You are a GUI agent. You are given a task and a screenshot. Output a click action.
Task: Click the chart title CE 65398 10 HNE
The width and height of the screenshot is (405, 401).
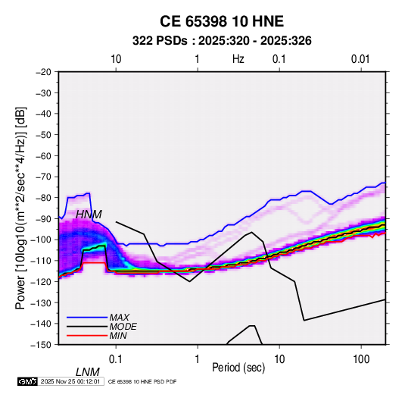222,21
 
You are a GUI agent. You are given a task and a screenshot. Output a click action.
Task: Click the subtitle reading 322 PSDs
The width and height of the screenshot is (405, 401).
160,41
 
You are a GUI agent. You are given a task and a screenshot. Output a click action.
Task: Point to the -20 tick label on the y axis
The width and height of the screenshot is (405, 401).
43,72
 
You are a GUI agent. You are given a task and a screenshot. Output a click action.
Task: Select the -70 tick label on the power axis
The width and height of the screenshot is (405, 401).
43,177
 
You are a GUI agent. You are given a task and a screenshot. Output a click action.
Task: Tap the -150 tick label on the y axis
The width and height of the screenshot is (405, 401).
41,345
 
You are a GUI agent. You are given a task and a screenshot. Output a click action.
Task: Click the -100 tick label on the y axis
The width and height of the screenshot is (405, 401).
41,240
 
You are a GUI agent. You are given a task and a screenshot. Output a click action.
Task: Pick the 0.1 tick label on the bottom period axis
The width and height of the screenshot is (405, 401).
116,359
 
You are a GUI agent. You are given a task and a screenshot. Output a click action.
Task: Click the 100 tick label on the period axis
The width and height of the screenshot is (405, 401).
361,359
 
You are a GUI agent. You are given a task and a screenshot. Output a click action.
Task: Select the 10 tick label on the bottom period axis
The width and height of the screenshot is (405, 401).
279,359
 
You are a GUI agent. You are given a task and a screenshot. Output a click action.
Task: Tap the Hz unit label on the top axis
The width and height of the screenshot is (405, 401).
238,59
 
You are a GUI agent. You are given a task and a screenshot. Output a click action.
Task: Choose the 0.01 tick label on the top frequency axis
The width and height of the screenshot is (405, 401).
360,59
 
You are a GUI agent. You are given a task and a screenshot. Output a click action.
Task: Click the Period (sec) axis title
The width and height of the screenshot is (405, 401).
238,368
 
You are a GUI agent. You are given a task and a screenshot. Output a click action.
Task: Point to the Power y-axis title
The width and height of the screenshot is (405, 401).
20,208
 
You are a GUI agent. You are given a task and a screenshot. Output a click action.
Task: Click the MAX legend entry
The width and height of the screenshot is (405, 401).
119,318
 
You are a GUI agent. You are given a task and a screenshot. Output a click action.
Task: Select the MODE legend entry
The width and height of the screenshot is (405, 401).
123,327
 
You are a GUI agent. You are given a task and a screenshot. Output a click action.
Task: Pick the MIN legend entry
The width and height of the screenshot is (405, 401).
118,336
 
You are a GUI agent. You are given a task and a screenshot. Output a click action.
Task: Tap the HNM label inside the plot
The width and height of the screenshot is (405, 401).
89,215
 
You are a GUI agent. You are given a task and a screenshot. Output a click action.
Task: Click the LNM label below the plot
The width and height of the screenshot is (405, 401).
87,372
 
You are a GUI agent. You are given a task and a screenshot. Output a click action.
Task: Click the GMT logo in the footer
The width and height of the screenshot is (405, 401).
27,381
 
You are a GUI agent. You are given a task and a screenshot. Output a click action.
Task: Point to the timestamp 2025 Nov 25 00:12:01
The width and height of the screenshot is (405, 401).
70,381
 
